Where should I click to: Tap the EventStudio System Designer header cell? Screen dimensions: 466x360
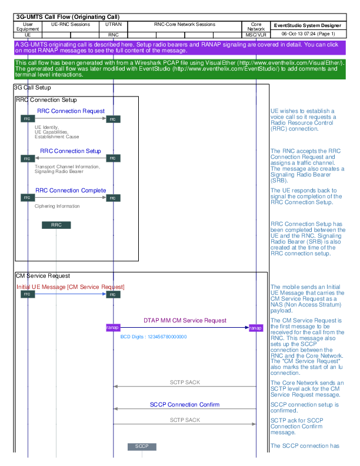307,26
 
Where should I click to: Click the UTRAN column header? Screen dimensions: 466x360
114,25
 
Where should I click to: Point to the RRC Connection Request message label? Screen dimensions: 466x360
71,111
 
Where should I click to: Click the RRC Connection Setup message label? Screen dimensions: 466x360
71,151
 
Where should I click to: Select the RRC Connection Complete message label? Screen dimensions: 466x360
71,191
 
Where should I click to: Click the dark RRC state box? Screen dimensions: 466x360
56,225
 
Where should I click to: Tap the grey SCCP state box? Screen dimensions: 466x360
142,447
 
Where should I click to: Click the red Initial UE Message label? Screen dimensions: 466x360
71,287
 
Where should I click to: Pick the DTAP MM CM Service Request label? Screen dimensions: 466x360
185,321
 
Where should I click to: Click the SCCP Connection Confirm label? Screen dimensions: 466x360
184,405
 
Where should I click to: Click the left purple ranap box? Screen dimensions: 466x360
112,328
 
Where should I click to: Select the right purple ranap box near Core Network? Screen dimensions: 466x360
256,328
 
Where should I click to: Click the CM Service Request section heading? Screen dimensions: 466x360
42,275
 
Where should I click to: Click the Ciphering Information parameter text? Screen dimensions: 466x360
57,207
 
